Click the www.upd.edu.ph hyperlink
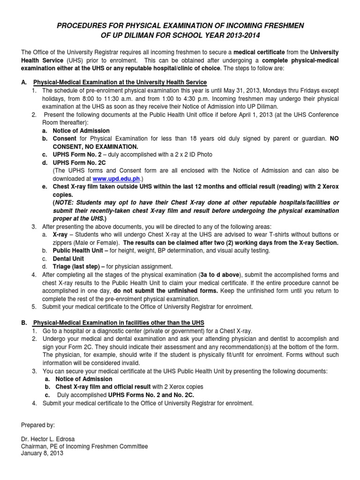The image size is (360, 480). pos(116,179)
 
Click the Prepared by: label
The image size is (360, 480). pos(38,425)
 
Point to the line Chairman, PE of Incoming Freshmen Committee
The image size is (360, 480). pos(84,447)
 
